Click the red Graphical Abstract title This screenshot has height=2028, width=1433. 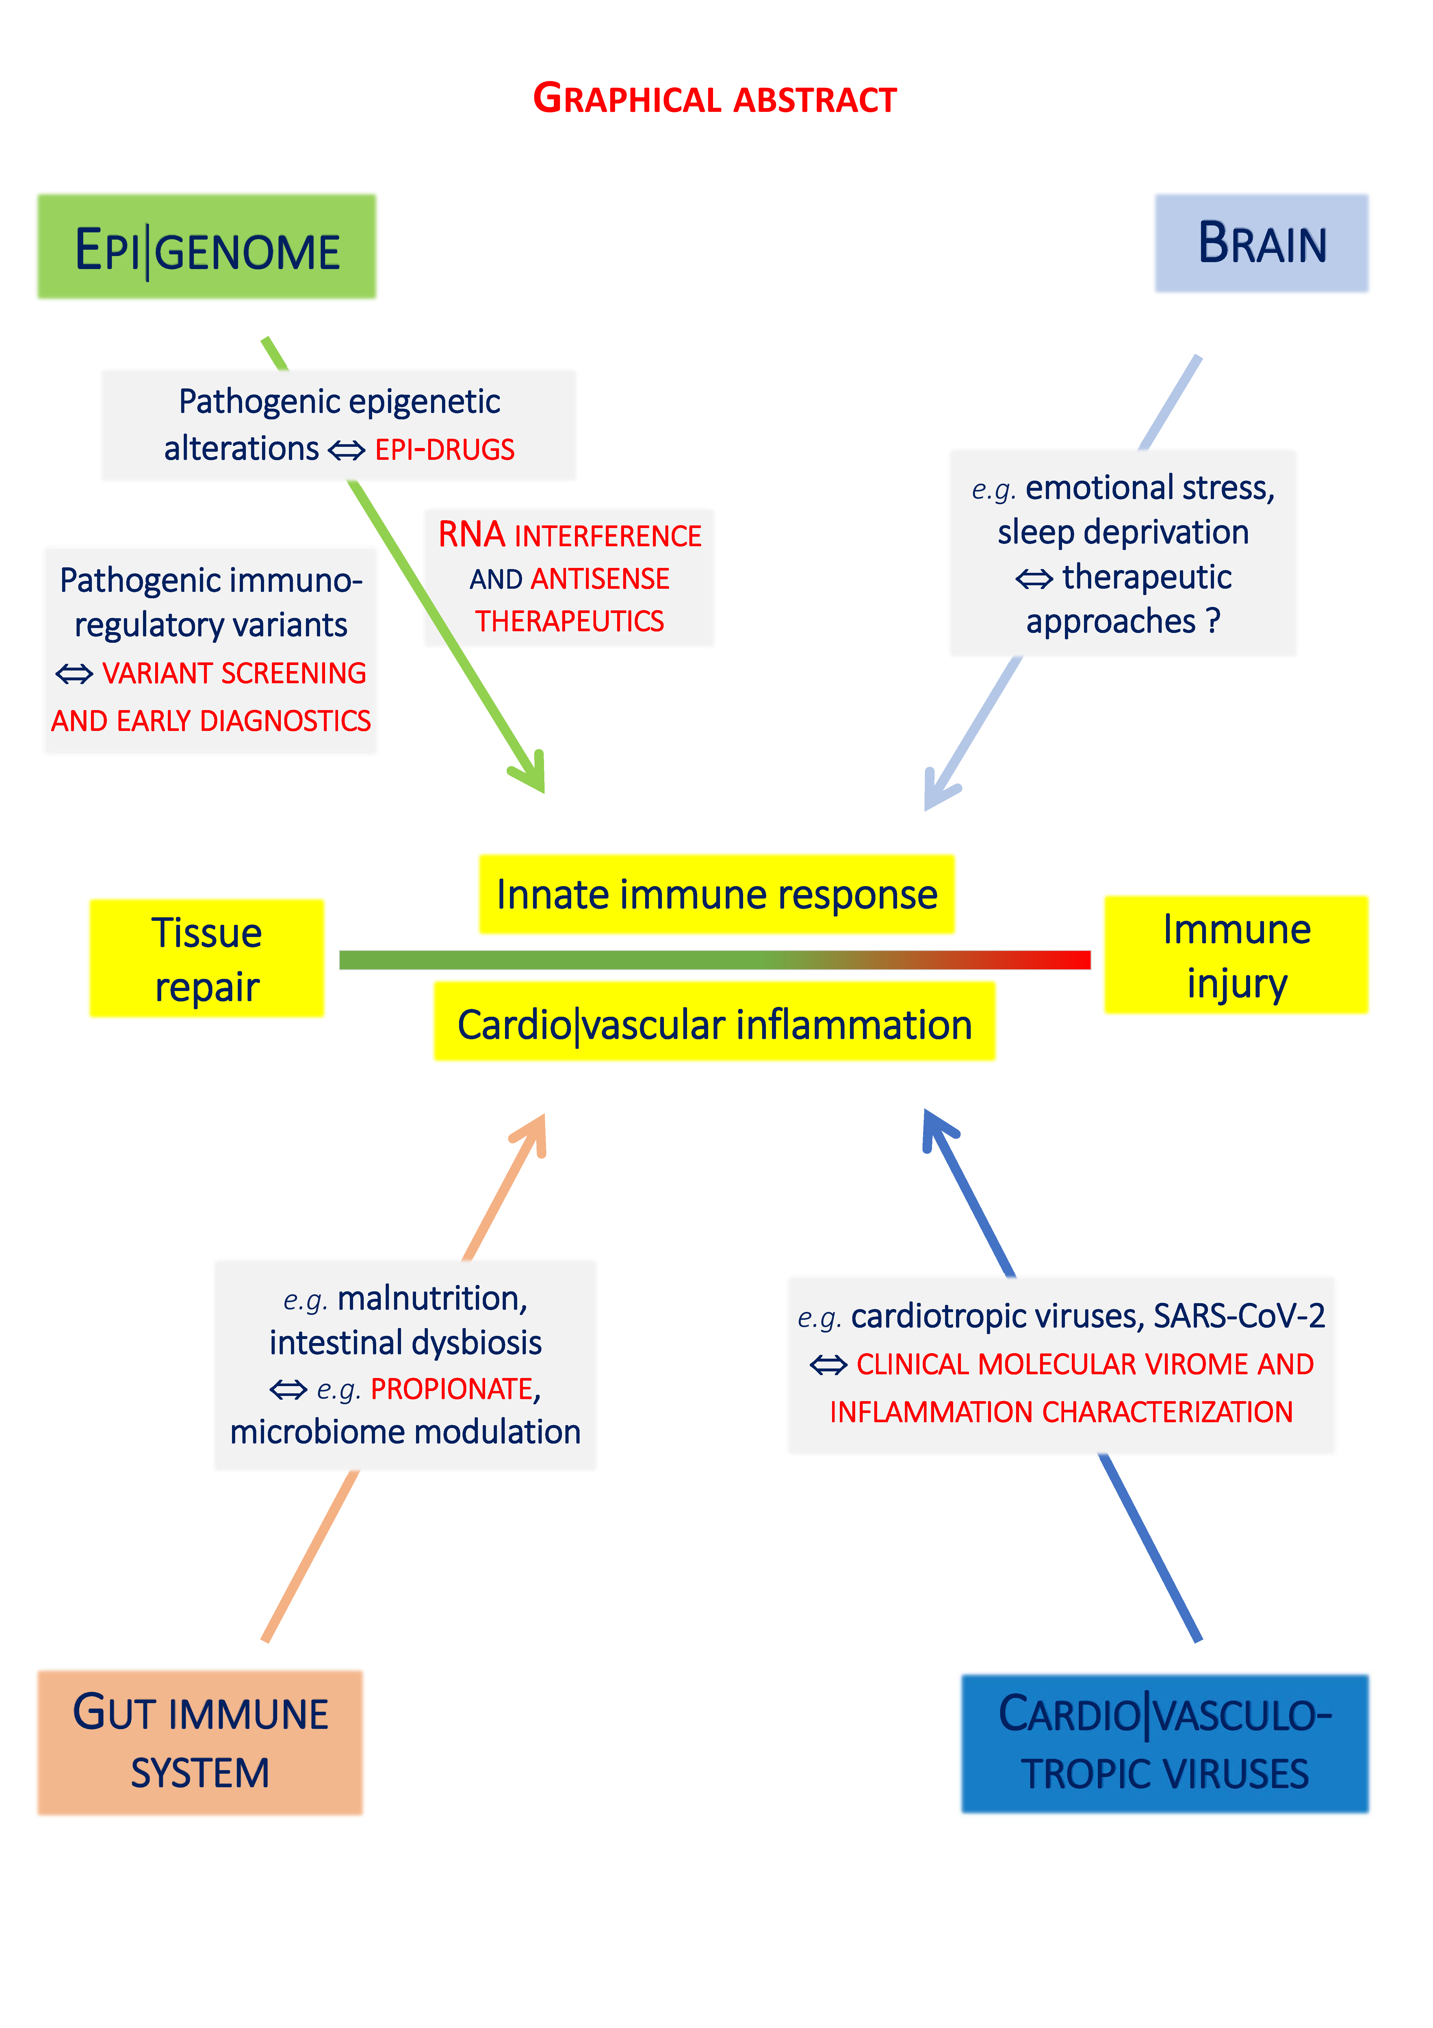coord(715,99)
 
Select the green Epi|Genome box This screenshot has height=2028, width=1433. coord(207,247)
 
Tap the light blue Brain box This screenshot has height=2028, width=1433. coord(1261,244)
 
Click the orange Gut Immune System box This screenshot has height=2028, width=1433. coord(201,1742)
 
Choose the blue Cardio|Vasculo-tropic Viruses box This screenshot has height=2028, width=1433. coord(1165,1744)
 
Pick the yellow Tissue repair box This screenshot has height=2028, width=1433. coord(207,958)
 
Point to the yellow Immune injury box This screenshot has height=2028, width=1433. coord(1236,955)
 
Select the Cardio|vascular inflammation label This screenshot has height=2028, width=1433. coord(714,1025)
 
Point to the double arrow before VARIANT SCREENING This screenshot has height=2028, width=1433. coord(74,674)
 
